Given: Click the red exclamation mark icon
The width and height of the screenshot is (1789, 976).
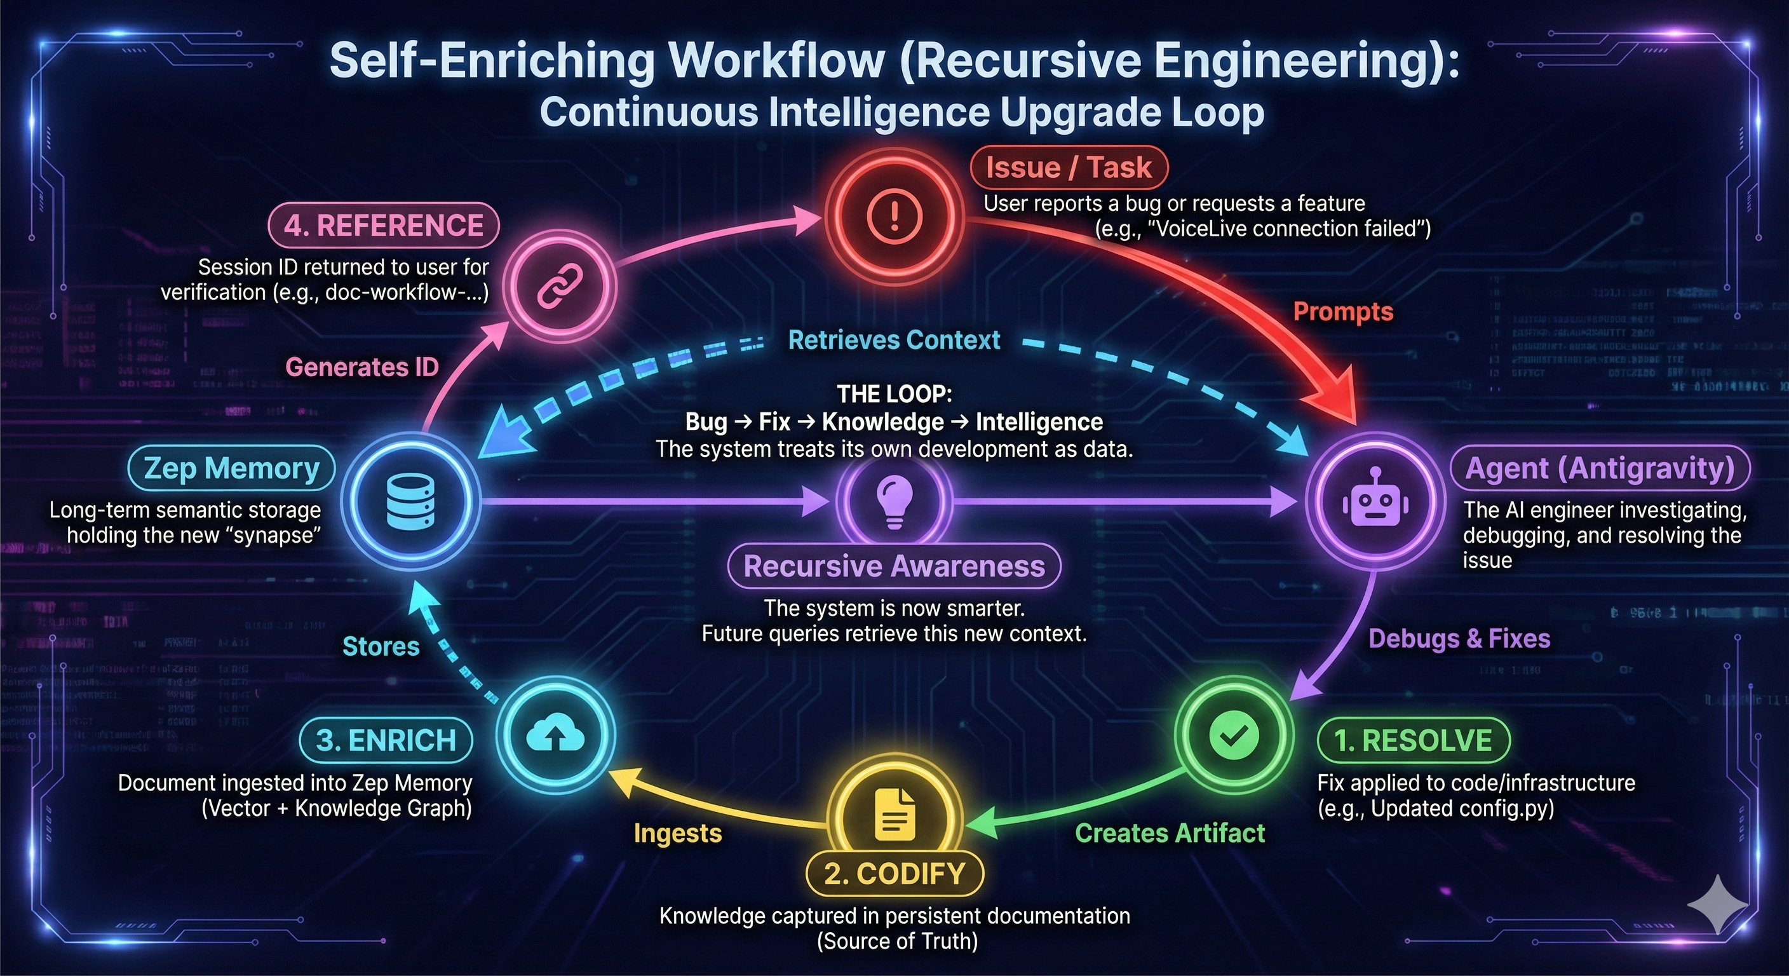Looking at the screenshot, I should [894, 216].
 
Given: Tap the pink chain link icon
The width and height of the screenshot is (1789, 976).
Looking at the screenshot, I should [560, 286].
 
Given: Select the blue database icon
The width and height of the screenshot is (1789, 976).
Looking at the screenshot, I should [410, 501].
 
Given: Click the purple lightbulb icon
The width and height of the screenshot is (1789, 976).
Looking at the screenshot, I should [894, 501].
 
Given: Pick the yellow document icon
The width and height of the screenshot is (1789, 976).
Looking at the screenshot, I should [894, 814].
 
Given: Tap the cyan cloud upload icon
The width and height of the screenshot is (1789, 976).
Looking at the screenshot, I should [555, 735].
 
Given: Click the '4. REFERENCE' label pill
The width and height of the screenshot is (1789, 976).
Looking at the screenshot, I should [383, 226].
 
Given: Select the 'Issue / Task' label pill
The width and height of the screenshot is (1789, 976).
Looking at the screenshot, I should [1069, 167].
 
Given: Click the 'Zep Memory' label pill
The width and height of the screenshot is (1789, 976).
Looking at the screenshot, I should [231, 468].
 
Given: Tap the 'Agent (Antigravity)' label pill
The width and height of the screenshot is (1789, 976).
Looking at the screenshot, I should [1600, 468].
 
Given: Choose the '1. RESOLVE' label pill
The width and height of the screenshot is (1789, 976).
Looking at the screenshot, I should [1414, 740].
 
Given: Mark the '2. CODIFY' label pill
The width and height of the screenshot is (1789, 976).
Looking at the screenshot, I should [894, 873].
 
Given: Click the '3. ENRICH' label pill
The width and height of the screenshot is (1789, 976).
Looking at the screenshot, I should [386, 740].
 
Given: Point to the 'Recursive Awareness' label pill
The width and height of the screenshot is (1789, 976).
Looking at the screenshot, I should [894, 566].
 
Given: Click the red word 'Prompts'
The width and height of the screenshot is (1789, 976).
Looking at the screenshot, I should [1342, 312].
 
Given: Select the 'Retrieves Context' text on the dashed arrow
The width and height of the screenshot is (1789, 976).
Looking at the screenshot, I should [894, 340].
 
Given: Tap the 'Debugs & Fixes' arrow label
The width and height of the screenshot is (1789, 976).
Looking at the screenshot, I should [1459, 639].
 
